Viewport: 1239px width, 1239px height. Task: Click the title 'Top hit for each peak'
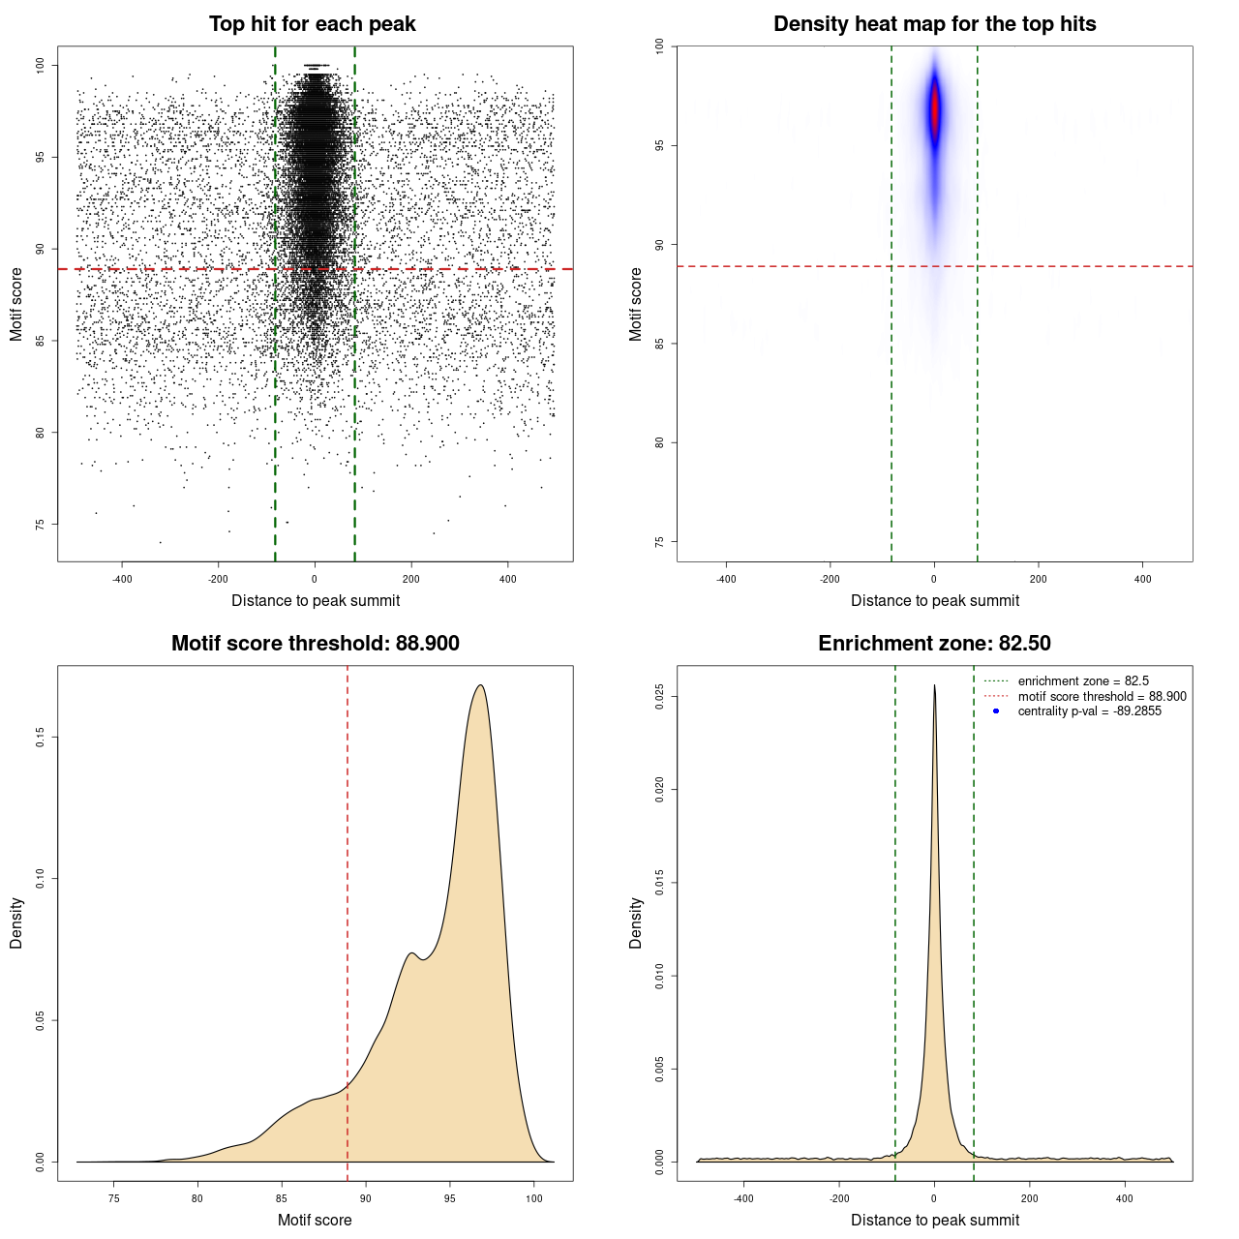pyautogui.click(x=313, y=24)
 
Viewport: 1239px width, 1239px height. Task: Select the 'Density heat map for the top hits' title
pyautogui.click(x=934, y=24)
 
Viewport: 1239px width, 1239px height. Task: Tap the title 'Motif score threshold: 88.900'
pyautogui.click(x=315, y=644)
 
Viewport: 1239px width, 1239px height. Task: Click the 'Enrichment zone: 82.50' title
pyautogui.click(x=934, y=644)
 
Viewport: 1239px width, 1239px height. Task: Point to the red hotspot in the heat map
pyautogui.click(x=935, y=111)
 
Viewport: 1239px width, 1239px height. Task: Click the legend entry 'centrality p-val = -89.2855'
pyautogui.click(x=1089, y=711)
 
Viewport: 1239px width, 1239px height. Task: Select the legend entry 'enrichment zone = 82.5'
pyautogui.click(x=1083, y=681)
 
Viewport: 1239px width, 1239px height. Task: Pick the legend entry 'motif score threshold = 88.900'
pyautogui.click(x=1102, y=697)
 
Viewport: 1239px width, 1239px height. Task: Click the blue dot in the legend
pyautogui.click(x=996, y=711)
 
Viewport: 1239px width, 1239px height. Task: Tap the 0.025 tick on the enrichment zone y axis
pyautogui.click(x=659, y=697)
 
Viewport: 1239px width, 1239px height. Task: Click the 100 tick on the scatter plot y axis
pyautogui.click(x=41, y=65)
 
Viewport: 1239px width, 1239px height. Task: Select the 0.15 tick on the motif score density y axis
pyautogui.click(x=41, y=738)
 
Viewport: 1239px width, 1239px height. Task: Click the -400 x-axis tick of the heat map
pyautogui.click(x=726, y=580)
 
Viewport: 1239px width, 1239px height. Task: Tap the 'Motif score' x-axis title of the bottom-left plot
pyautogui.click(x=315, y=1220)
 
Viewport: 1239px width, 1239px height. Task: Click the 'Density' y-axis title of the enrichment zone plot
pyautogui.click(x=636, y=922)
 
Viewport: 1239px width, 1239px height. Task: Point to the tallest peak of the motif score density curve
pyautogui.click(x=480, y=685)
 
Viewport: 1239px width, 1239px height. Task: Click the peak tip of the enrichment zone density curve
pyautogui.click(x=934, y=685)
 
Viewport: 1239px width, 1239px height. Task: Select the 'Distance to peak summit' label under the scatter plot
pyautogui.click(x=316, y=601)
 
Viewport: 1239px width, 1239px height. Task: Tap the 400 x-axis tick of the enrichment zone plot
pyautogui.click(x=1125, y=1199)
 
